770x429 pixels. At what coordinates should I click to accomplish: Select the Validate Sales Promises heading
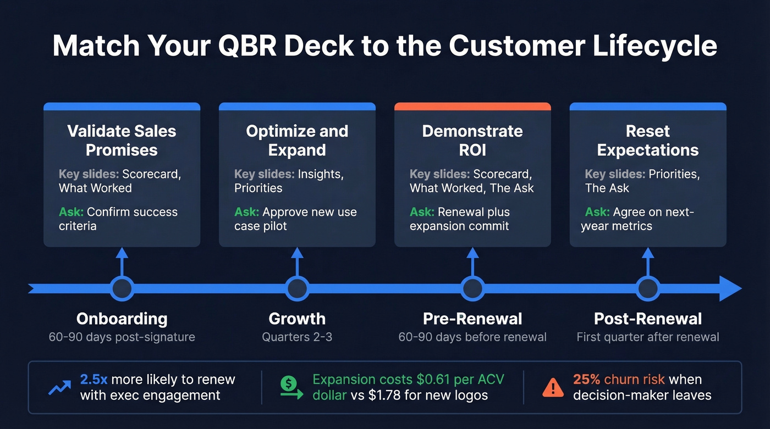pyautogui.click(x=122, y=141)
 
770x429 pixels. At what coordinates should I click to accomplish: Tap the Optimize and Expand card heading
pyautogui.click(x=297, y=141)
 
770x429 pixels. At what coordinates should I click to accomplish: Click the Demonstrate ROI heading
pyautogui.click(x=472, y=141)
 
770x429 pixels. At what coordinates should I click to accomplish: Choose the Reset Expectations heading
pyautogui.click(x=648, y=141)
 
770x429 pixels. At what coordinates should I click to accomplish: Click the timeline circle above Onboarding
pyautogui.click(x=122, y=288)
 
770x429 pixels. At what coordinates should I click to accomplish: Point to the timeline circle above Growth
pyautogui.click(x=297, y=288)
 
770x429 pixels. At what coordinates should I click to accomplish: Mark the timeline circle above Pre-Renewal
pyautogui.click(x=472, y=288)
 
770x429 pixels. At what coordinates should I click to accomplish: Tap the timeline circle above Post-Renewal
pyautogui.click(x=648, y=288)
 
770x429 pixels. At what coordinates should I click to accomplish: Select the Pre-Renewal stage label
pyautogui.click(x=472, y=319)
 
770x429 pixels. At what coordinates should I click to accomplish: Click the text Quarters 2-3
pyautogui.click(x=297, y=337)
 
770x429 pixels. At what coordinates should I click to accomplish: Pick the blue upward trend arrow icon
pyautogui.click(x=59, y=388)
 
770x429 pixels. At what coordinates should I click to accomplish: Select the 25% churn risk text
pyautogui.click(x=619, y=380)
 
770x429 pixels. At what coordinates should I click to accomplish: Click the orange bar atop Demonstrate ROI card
pyautogui.click(x=472, y=107)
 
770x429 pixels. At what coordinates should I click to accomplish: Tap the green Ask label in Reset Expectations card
pyautogui.click(x=596, y=212)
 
